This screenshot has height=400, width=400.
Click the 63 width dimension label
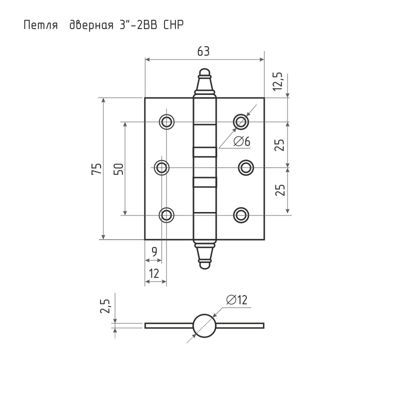tap(203, 51)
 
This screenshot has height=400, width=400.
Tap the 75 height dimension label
tap(96, 168)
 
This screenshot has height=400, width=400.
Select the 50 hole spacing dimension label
tap(118, 168)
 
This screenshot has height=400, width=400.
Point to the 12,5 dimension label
tap(277, 81)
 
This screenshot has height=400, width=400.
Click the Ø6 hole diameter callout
tap(242, 141)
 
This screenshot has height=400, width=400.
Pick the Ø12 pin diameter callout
tap(236, 299)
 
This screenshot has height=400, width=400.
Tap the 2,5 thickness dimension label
tap(105, 306)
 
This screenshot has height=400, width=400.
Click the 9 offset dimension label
tap(154, 252)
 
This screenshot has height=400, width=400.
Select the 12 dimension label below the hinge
tap(154, 273)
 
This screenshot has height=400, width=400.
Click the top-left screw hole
tap(166, 121)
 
